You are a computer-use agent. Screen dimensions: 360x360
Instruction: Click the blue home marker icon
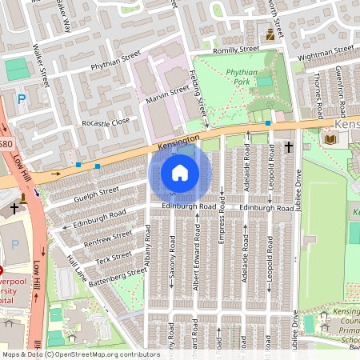[x=180, y=173]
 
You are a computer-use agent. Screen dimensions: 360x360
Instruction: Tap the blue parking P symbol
[x=22, y=98]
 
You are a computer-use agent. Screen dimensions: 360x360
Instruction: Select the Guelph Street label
[x=96, y=193]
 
